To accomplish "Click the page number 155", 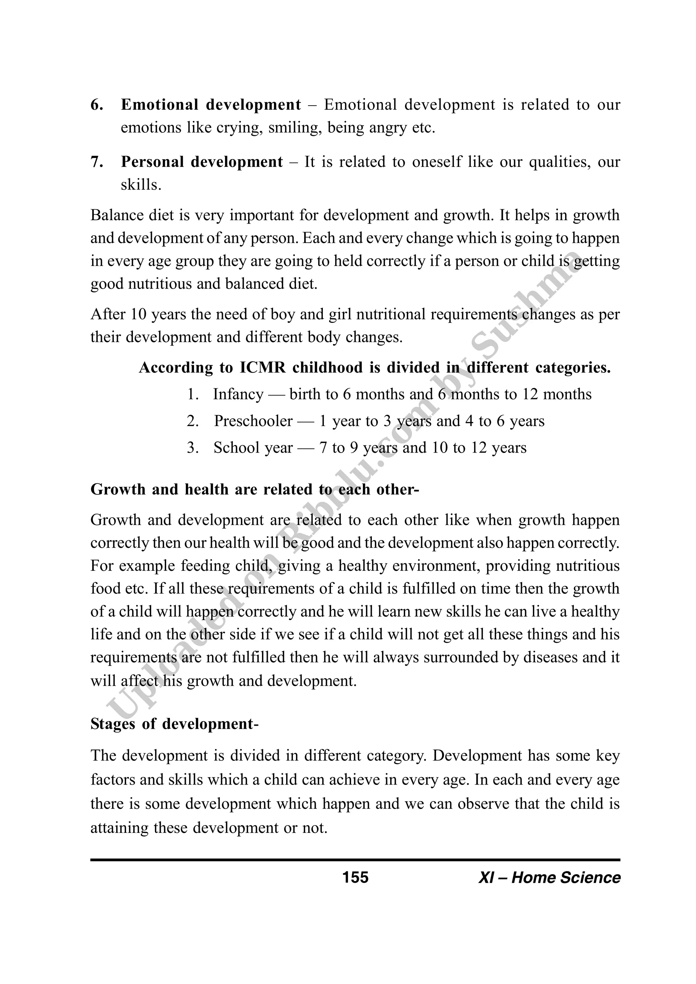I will (x=355, y=877).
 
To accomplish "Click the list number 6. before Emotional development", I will (x=97, y=105).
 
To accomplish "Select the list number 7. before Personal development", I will (x=97, y=162).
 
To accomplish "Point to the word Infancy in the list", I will (x=238, y=394).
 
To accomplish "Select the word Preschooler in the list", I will (x=253, y=421).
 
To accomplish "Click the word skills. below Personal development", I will (x=141, y=185).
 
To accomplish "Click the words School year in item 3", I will (x=253, y=448).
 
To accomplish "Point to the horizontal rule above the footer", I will (x=355, y=860).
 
